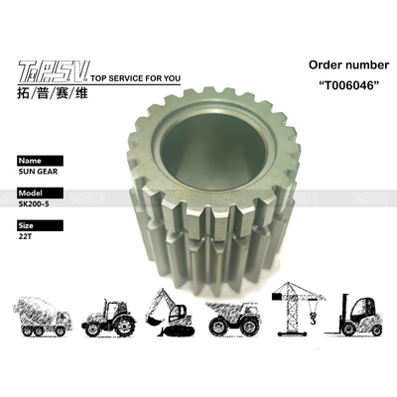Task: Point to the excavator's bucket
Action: [153, 323]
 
